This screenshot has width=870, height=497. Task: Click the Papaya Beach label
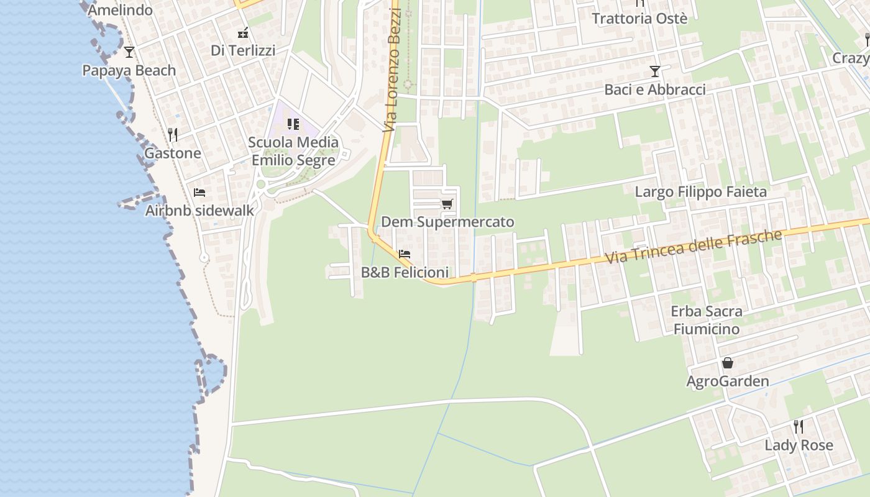[x=129, y=71]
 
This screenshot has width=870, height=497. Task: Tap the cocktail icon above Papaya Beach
[x=129, y=52]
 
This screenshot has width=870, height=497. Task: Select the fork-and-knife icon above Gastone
[x=173, y=134]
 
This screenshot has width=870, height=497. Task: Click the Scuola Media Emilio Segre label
[x=293, y=151]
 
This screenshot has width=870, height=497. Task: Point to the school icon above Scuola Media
[x=293, y=124]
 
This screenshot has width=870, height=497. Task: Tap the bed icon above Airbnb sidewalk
[x=199, y=192]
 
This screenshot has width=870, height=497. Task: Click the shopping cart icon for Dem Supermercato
[x=447, y=204]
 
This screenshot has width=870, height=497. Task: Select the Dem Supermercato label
[x=447, y=222]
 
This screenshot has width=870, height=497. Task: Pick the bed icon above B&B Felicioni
[x=405, y=254]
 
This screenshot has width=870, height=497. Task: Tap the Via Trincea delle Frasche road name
[x=692, y=247]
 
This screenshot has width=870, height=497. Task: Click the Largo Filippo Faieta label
[x=700, y=192]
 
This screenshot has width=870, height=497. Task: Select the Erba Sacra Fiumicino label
[x=706, y=320]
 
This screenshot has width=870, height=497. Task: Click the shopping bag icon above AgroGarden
[x=728, y=363]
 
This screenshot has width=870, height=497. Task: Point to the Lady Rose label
[x=799, y=445]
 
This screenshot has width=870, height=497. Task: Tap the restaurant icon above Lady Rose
[x=799, y=426]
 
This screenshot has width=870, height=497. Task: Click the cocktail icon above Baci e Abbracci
[x=654, y=71]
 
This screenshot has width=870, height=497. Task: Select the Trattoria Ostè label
[x=639, y=19]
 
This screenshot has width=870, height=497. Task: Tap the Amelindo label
[x=120, y=10]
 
